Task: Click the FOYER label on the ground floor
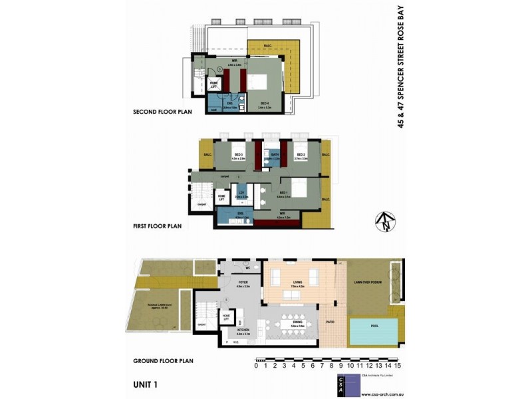coord(243,283)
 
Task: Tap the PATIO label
coord(331,323)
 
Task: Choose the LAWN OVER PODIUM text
coord(366,283)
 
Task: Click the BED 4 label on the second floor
coord(264,103)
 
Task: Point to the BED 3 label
coord(238,154)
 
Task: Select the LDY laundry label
coord(243,193)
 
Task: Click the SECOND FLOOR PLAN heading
coord(163,112)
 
